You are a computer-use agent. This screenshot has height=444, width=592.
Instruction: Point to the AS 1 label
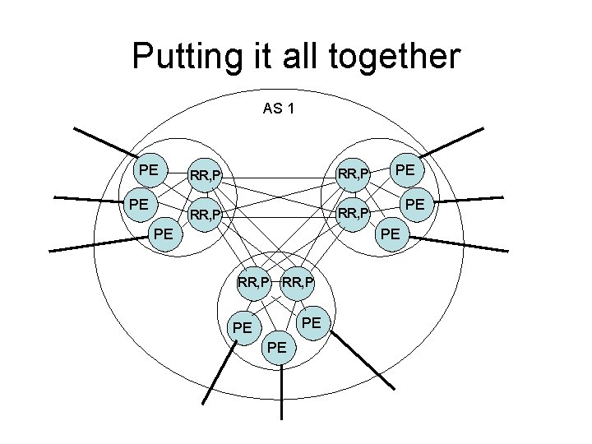tap(280, 108)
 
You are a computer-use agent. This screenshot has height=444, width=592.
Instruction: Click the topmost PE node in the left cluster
tap(149, 170)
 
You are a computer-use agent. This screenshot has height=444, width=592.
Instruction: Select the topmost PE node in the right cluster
tap(404, 170)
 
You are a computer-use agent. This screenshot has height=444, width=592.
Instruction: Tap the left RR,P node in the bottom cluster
tap(254, 284)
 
